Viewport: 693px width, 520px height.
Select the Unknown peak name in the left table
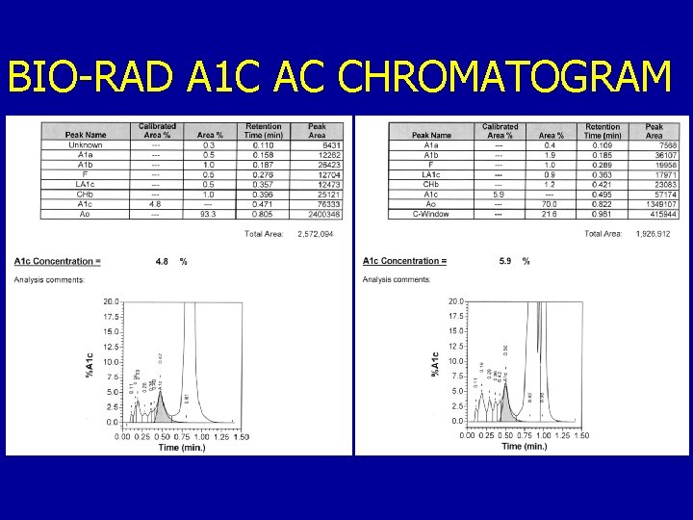(86, 145)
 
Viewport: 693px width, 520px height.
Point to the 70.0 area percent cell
(550, 204)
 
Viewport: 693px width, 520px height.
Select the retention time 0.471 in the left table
(263, 204)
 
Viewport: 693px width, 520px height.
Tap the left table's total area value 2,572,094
(316, 233)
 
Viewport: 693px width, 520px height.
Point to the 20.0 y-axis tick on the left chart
(111, 300)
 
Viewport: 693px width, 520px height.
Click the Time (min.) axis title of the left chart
(182, 447)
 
